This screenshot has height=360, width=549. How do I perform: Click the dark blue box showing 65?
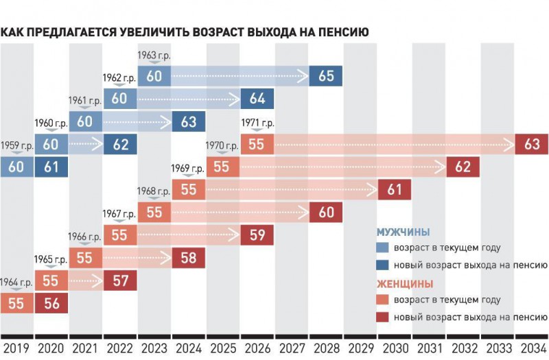point(326,75)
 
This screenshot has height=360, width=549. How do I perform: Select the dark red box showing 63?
point(532,144)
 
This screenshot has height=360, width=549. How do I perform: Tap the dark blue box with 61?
point(51,167)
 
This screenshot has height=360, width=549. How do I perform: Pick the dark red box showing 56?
point(51,304)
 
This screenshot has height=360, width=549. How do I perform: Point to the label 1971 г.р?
point(257,123)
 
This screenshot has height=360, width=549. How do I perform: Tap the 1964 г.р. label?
point(16,283)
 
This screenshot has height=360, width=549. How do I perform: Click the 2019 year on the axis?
point(16,348)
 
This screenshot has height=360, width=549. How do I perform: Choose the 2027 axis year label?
point(292,348)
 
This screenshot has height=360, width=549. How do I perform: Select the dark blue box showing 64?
point(257,98)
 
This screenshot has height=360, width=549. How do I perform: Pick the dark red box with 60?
point(326,213)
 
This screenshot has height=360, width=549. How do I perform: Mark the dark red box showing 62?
point(463,167)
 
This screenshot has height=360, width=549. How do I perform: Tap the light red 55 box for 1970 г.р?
point(223,167)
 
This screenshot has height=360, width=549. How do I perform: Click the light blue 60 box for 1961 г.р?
point(86,121)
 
